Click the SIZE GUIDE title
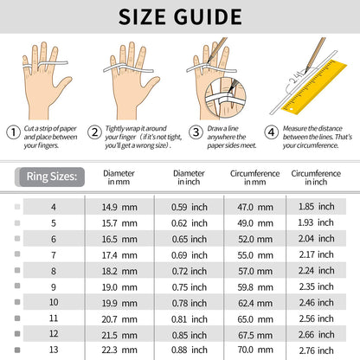(180, 16)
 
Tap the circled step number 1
(13, 132)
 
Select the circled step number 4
(272, 132)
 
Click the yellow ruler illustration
(314, 87)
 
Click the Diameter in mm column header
(119, 177)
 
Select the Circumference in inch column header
(316, 177)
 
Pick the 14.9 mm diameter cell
(119, 207)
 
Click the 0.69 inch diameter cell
(190, 255)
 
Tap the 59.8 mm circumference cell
(255, 287)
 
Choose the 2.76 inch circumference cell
(317, 350)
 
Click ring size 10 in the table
(54, 302)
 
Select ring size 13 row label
(54, 350)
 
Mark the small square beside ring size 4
(17, 207)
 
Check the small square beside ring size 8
(17, 270)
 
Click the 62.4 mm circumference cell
(255, 303)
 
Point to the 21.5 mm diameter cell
(119, 335)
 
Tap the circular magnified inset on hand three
(225, 98)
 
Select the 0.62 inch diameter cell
(190, 223)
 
